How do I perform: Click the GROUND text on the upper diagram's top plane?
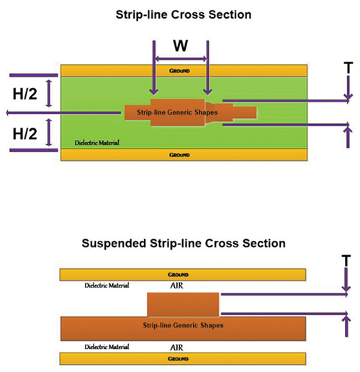coord(180,71)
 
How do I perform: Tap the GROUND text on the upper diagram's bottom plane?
coord(180,155)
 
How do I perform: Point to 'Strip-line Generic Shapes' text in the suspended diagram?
coord(183,326)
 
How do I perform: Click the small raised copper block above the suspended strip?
coord(183,304)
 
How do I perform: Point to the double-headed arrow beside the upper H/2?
coord(49,93)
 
